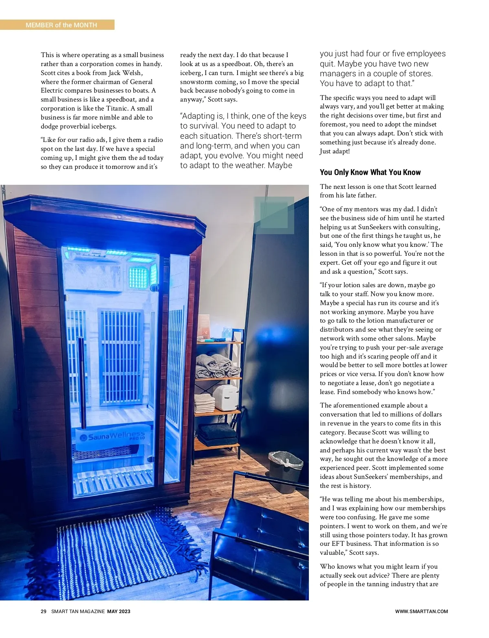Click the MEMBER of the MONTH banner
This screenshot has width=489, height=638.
[61, 25]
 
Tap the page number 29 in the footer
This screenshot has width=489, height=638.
[44, 611]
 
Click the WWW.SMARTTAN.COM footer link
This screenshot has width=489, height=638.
[421, 611]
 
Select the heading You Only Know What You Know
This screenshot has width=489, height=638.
[370, 172]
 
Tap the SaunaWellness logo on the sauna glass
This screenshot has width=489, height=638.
[112, 436]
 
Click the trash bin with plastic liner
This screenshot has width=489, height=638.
[286, 469]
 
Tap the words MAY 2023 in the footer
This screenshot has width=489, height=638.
[119, 611]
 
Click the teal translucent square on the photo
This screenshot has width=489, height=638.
[274, 215]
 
